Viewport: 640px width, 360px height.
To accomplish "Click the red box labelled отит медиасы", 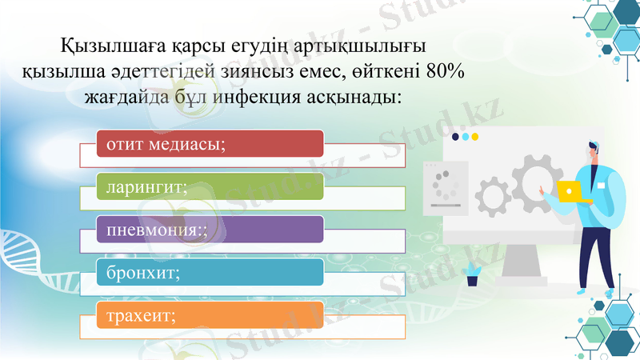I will pos(210,143).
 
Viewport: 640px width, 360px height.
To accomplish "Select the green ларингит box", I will pos(210,186).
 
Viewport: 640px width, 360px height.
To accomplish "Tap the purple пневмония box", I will pos(210,230).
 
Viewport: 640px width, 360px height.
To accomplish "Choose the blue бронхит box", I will pos(210,272).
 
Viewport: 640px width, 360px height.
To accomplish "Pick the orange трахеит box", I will pos(210,315).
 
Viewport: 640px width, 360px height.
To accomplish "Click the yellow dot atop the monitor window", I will pos(475,137).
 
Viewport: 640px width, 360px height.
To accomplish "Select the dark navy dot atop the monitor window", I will pos(455,137).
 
